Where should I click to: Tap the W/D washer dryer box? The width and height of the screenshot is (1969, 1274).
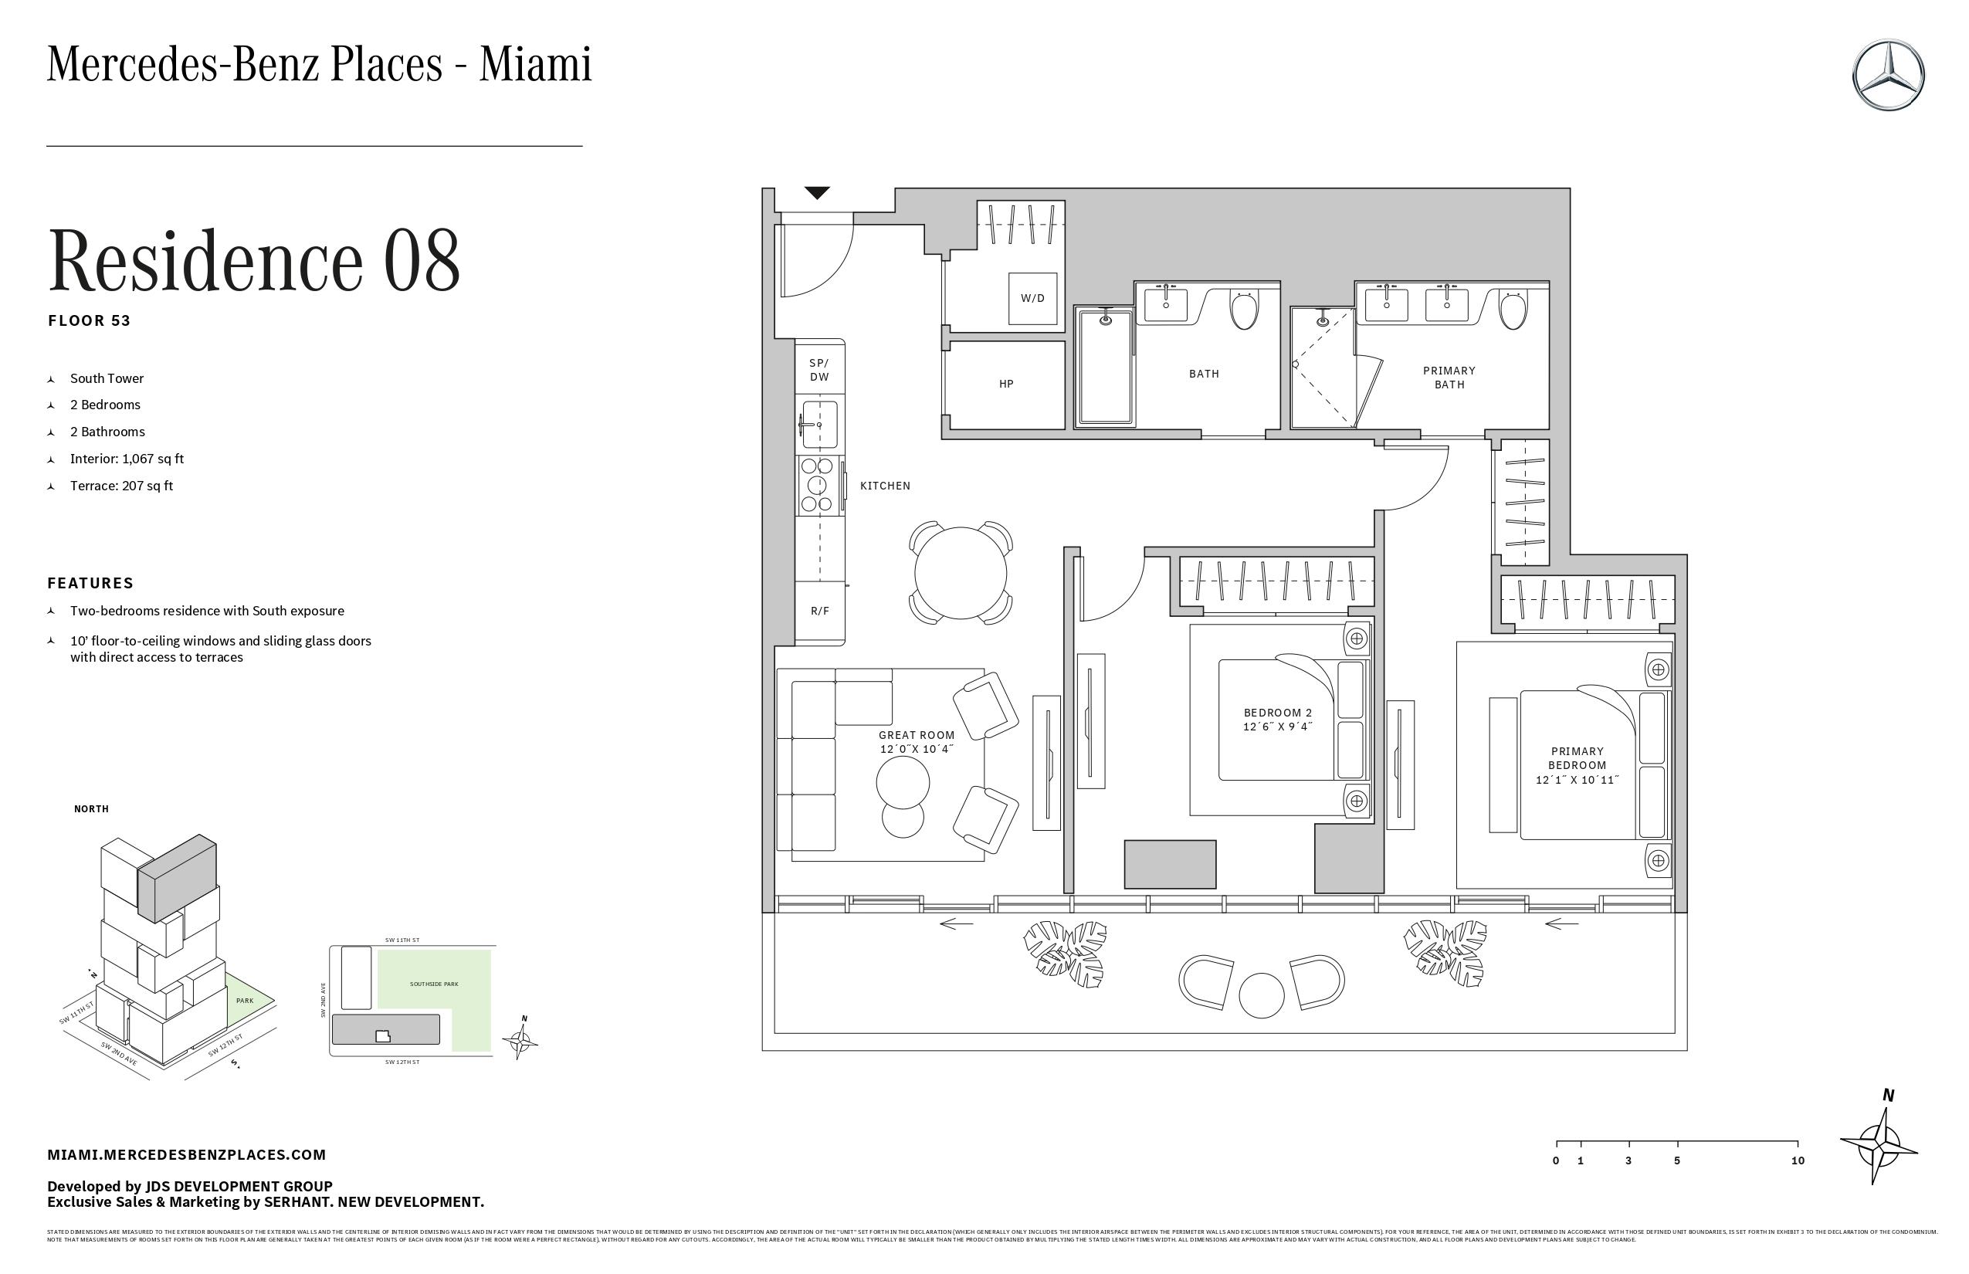(1032, 298)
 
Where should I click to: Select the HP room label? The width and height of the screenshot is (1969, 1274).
(1005, 384)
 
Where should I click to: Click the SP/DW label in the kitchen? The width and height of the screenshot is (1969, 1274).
(819, 370)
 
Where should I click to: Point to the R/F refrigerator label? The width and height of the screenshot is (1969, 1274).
(819, 612)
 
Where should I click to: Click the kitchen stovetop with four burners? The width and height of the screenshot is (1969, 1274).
(818, 485)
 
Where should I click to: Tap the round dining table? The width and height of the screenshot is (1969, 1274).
(960, 572)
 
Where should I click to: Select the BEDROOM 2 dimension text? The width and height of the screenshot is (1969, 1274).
(1277, 727)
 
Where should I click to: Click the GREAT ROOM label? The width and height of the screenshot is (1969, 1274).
(916, 734)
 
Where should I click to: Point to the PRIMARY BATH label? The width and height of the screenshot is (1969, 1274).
(1449, 378)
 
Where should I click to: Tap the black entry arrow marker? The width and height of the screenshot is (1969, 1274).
(817, 194)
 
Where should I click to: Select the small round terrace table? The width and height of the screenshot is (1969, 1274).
(1261, 994)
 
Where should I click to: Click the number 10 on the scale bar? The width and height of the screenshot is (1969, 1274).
(1797, 1160)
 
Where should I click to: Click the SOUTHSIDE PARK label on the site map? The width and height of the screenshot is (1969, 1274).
(433, 984)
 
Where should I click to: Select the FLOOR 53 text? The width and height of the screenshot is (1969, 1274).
(90, 321)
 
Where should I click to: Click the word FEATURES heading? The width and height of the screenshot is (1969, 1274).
(90, 583)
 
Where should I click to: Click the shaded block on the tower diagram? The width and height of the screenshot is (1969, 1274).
(176, 879)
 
